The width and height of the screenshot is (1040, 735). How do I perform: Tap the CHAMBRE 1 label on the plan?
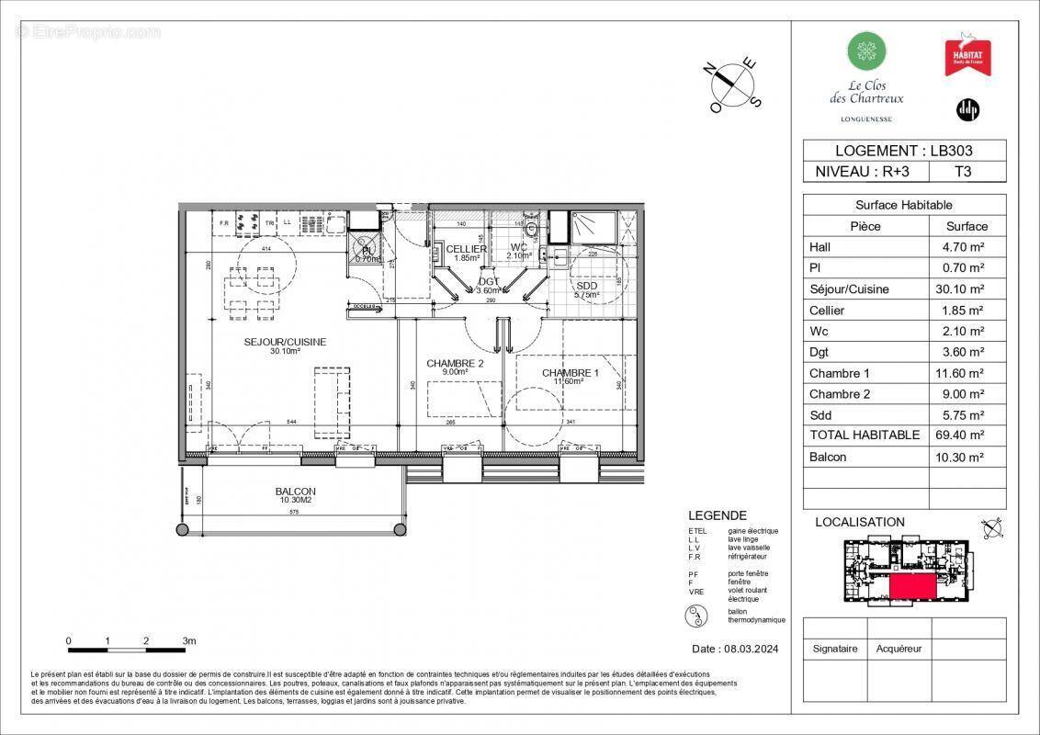[x=570, y=373]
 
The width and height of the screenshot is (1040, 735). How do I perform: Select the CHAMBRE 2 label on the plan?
[x=455, y=364]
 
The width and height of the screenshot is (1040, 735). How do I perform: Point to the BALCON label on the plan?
[x=295, y=492]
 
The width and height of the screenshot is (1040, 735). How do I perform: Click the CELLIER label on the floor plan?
[x=466, y=249]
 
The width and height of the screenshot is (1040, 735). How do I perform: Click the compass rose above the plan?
[x=735, y=83]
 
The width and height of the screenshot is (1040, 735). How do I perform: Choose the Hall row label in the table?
[x=820, y=247]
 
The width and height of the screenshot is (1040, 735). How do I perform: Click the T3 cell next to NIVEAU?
[x=962, y=171]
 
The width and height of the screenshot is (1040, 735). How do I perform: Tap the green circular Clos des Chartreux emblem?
[x=865, y=51]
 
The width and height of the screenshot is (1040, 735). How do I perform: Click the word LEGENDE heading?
[x=717, y=515]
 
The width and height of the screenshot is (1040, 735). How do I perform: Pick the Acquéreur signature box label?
[x=899, y=649]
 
